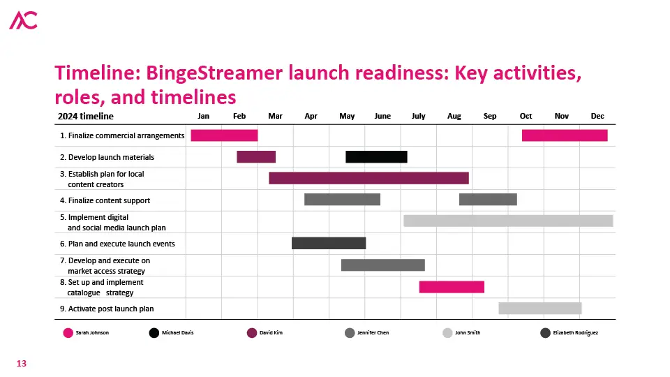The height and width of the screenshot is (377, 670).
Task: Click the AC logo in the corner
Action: tap(24, 20)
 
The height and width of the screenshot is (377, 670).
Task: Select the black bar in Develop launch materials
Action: tap(376, 157)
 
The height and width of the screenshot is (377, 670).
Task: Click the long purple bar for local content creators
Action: tap(368, 178)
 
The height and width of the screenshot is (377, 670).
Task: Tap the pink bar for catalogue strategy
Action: tap(452, 287)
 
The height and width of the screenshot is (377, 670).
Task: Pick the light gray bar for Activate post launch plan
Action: tap(540, 308)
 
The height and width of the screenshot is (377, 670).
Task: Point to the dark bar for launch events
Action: tap(329, 243)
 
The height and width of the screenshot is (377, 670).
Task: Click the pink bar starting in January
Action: tap(224, 135)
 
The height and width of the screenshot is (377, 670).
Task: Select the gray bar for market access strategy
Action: tap(383, 265)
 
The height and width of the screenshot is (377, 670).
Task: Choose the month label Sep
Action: tap(490, 117)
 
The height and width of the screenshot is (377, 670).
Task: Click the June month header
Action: tap(382, 117)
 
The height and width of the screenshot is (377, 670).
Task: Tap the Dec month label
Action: tap(597, 117)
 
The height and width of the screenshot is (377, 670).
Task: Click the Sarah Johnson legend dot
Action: tap(68, 333)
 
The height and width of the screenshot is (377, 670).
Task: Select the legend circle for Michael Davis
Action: tap(154, 333)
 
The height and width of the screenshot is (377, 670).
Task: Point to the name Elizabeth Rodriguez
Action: tap(576, 333)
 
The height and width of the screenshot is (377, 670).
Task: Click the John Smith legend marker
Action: tap(447, 333)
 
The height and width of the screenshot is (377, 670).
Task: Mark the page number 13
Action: tap(22, 363)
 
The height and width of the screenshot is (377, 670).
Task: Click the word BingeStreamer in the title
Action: tap(214, 73)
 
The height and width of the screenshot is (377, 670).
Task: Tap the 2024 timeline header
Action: tap(86, 117)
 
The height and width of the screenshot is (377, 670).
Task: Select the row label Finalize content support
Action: tap(109, 200)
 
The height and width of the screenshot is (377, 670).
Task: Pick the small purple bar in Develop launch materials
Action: tap(256, 157)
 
